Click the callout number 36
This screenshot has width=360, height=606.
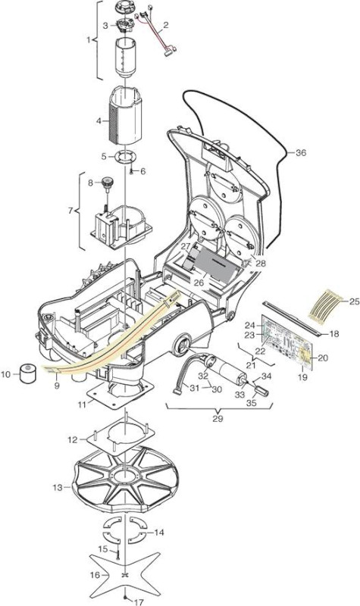[300, 153]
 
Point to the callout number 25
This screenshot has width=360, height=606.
[354, 301]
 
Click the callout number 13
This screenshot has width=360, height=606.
[58, 488]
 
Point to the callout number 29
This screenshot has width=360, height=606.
[218, 419]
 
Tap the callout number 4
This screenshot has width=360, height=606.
[99, 121]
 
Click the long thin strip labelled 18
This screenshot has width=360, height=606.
[292, 317]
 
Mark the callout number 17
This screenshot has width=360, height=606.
[138, 601]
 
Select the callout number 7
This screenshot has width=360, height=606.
[70, 211]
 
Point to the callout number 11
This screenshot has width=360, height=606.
[82, 405]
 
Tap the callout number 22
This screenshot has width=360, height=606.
[260, 351]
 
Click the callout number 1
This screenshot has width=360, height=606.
[89, 40]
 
